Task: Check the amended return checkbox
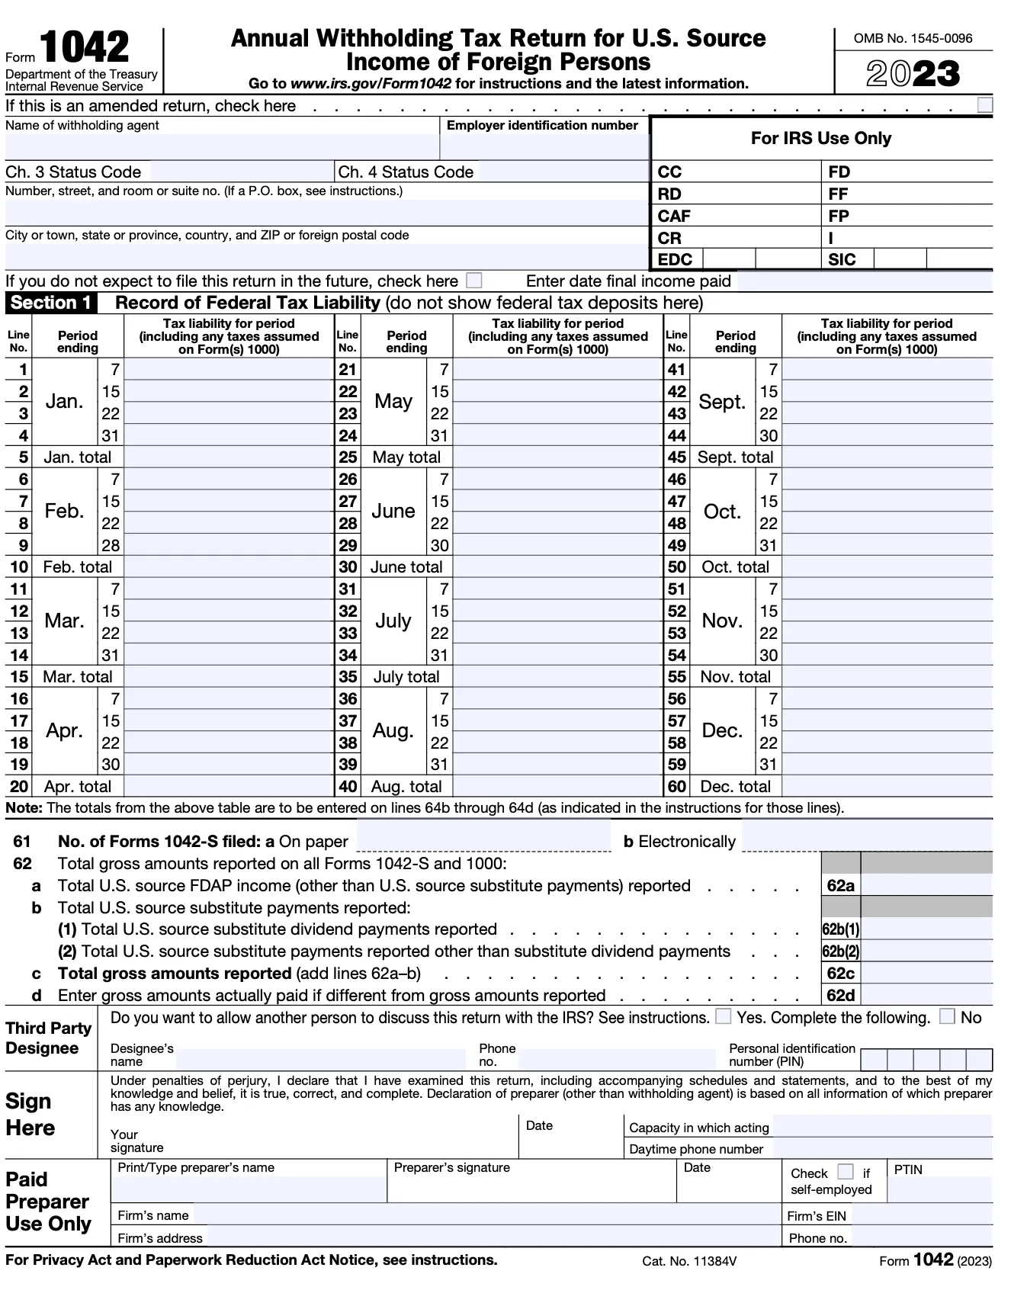point(984,104)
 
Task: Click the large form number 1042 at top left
point(84,47)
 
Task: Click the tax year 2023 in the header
point(913,74)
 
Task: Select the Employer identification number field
point(543,146)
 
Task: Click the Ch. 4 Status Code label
point(406,172)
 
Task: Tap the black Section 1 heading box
point(51,303)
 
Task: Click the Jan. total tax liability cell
point(228,457)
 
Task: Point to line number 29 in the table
point(348,546)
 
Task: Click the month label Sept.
point(722,402)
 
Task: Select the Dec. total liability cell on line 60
point(887,786)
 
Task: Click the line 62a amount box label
point(840,885)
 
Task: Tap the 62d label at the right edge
point(840,995)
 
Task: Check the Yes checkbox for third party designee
point(724,1016)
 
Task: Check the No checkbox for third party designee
point(947,1016)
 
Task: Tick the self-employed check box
point(845,1172)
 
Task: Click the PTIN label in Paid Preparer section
point(908,1170)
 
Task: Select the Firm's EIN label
point(817,1216)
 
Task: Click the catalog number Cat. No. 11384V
point(689,1261)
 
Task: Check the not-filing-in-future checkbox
point(473,281)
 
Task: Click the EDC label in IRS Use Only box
point(675,260)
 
